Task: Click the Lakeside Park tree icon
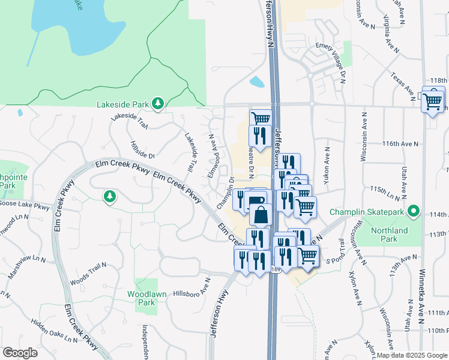tap(157, 104)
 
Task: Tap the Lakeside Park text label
tap(122, 104)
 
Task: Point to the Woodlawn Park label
tap(142, 298)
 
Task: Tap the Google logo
tap(20, 353)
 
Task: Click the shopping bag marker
tap(261, 214)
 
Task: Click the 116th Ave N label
tap(400, 144)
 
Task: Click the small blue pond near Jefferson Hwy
tap(256, 82)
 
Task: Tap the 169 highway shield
tap(276, 270)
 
